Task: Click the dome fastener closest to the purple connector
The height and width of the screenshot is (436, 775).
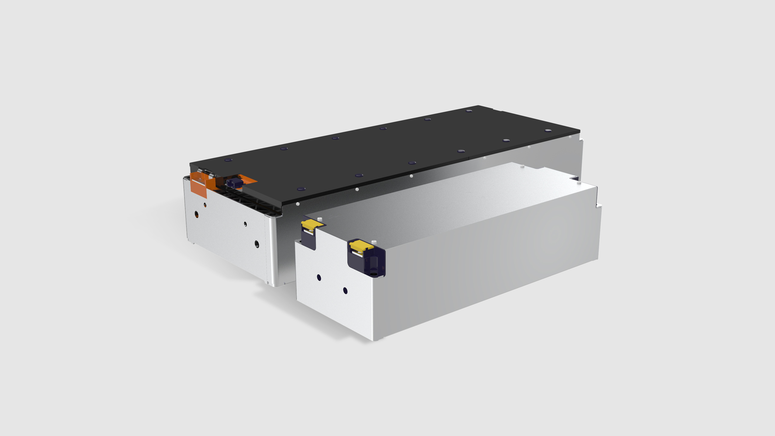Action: pos(228,160)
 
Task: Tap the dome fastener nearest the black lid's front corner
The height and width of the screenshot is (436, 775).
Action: pos(301,189)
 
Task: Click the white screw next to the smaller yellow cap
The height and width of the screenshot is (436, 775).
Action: pos(319,218)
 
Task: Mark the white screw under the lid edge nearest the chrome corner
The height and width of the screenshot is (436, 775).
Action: pos(298,204)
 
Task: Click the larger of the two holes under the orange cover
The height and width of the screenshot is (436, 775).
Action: pos(196,215)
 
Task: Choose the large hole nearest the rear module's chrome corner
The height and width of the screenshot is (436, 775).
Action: pos(257,244)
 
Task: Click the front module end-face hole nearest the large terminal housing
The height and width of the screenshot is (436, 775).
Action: pos(345,291)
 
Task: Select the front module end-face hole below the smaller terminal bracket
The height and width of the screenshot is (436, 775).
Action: pos(319,277)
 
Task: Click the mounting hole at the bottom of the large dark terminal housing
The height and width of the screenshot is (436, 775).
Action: pos(373,274)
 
